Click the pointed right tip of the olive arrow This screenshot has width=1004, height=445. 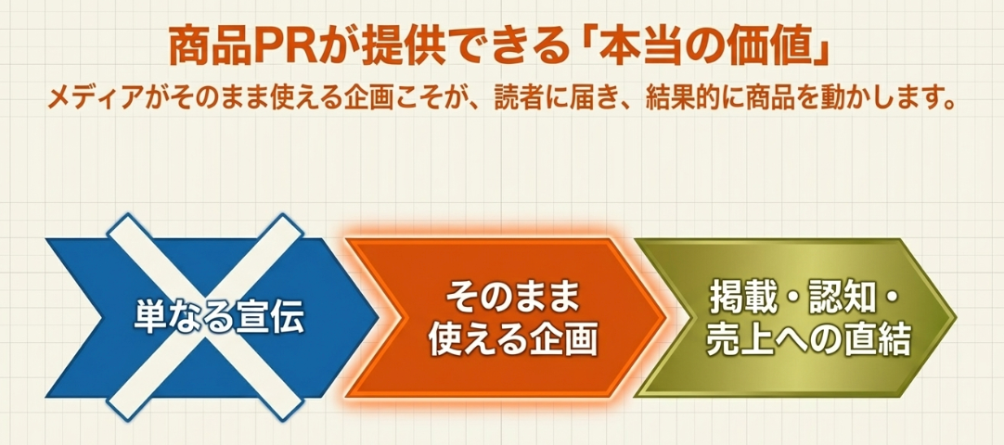pyautogui.click(x=956, y=318)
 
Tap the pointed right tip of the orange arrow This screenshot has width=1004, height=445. pyautogui.click(x=667, y=318)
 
